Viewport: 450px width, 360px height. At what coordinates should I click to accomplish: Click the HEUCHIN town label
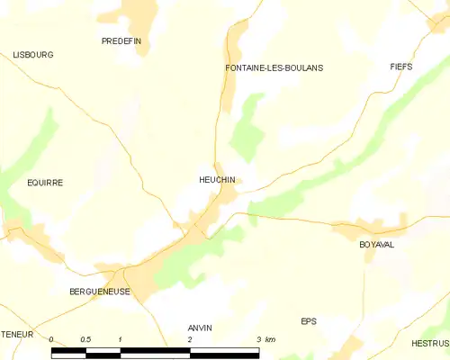(x=217, y=180)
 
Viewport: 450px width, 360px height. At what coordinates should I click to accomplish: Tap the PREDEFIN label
(x=121, y=41)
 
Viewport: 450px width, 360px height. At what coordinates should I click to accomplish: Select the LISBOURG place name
(x=33, y=55)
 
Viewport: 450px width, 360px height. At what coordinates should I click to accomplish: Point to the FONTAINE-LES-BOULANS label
(x=274, y=67)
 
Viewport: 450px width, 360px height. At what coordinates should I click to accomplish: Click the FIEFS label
(x=401, y=67)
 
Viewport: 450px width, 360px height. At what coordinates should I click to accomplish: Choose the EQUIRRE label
(x=45, y=182)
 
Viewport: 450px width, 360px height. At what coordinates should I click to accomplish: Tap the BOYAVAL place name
(x=377, y=245)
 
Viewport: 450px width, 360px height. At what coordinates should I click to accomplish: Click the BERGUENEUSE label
(x=100, y=292)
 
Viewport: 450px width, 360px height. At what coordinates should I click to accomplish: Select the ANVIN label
(x=199, y=328)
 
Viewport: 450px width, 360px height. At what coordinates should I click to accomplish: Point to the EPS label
(x=310, y=321)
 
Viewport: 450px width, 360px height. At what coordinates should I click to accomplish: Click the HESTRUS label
(x=430, y=343)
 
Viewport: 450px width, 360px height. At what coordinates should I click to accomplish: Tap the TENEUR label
(x=16, y=334)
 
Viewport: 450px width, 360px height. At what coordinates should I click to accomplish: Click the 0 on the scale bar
(x=52, y=339)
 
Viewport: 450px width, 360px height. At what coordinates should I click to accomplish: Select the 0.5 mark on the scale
(x=85, y=339)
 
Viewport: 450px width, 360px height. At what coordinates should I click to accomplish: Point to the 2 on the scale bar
(x=190, y=339)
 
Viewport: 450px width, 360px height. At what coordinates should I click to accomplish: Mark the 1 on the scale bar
(x=121, y=339)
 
